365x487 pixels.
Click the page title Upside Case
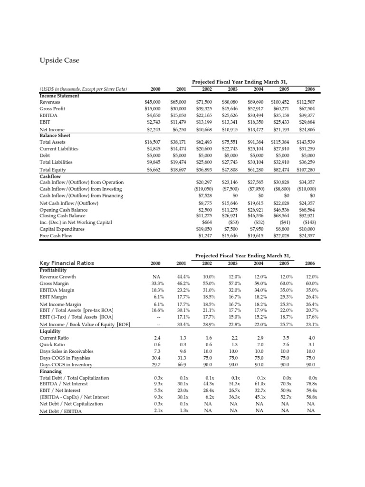(x=59, y=60)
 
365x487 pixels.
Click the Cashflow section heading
(x=51, y=175)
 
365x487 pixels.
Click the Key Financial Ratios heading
(x=67, y=263)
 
